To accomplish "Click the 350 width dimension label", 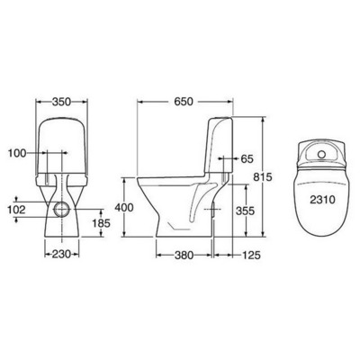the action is coord(61,102).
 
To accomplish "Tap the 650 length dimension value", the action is coord(184,102).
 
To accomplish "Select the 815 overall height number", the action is coord(263,177).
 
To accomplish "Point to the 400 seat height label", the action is coord(124,207).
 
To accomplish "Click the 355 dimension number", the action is coord(245,211).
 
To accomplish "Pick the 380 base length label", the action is coord(184,256).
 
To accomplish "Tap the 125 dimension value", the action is coord(251,256).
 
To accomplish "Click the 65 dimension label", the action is coord(247,158).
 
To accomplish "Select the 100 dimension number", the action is coord(17,153).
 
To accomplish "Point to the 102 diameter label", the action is coord(16,210).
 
